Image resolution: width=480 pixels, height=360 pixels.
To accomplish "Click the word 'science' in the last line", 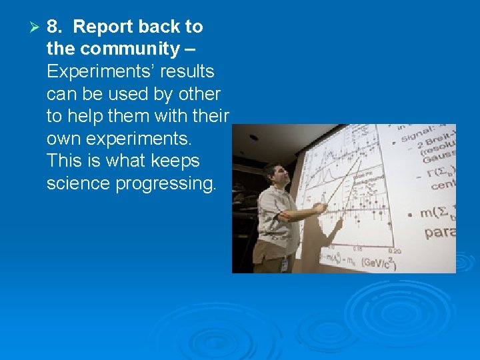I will coord(79,183).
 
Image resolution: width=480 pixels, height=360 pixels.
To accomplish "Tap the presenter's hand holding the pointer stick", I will coord(321,208).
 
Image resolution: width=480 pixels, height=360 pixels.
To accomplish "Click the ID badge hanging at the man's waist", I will coord(285,263).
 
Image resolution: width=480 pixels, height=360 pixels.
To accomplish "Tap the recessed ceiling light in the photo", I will coord(254,137).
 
